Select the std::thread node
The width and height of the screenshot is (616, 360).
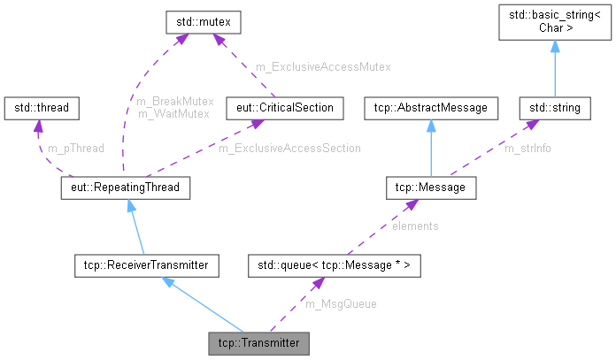click(42, 108)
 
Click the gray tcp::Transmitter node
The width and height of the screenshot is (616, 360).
click(259, 342)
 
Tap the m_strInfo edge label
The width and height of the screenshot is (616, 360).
click(527, 149)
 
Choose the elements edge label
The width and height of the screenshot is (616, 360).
click(414, 226)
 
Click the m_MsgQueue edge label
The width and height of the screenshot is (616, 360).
click(341, 303)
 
